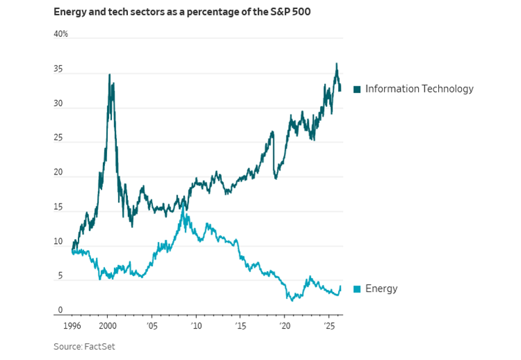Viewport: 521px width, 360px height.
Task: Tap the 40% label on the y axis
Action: pos(61,34)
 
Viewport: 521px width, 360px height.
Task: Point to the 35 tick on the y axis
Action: pos(58,69)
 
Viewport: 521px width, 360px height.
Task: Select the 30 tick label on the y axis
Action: pos(58,104)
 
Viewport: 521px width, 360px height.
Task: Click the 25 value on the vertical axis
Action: pos(58,138)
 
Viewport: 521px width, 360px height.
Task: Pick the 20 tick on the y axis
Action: pos(58,173)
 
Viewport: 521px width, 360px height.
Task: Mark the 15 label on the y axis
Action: pos(58,208)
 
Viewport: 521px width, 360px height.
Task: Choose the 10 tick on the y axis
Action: pos(58,242)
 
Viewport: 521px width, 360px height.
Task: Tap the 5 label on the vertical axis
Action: pos(61,277)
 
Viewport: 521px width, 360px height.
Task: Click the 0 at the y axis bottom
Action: pos(61,311)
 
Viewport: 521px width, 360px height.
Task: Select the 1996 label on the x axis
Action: pos(72,325)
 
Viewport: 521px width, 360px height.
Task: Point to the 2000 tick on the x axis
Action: pos(107,325)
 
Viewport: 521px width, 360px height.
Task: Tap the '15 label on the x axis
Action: pos(240,325)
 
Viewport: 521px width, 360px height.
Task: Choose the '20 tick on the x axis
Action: pos(284,325)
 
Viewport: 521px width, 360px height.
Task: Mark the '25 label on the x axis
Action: pos(329,325)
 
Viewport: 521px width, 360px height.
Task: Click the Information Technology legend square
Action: pos(358,89)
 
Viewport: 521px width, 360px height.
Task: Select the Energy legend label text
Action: pos(381,288)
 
